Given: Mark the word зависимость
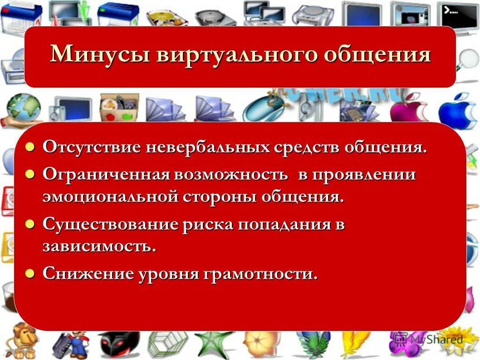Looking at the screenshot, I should pyautogui.click(x=99, y=247).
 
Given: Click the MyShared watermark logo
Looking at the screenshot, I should pyautogui.click(x=429, y=340).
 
